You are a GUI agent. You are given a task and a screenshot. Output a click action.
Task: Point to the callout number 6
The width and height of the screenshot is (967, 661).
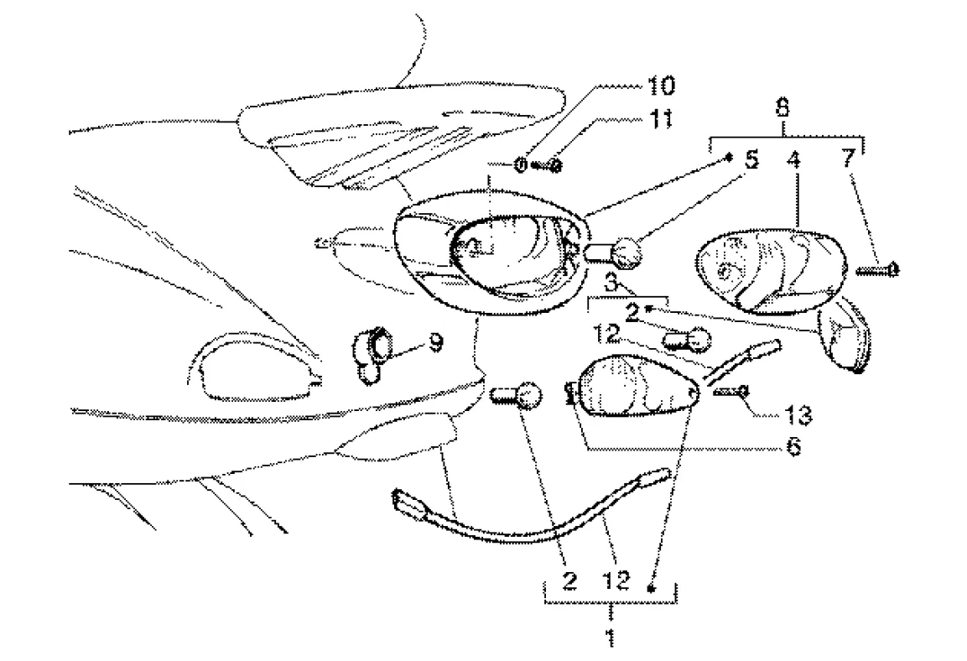[793, 446]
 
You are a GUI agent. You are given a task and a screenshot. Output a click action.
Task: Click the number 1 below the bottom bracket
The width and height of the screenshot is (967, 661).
[611, 634]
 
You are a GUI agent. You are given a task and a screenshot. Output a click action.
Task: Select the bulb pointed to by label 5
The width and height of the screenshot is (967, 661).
[620, 252]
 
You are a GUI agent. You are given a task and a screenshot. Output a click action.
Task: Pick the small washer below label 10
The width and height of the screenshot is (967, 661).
[521, 165]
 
